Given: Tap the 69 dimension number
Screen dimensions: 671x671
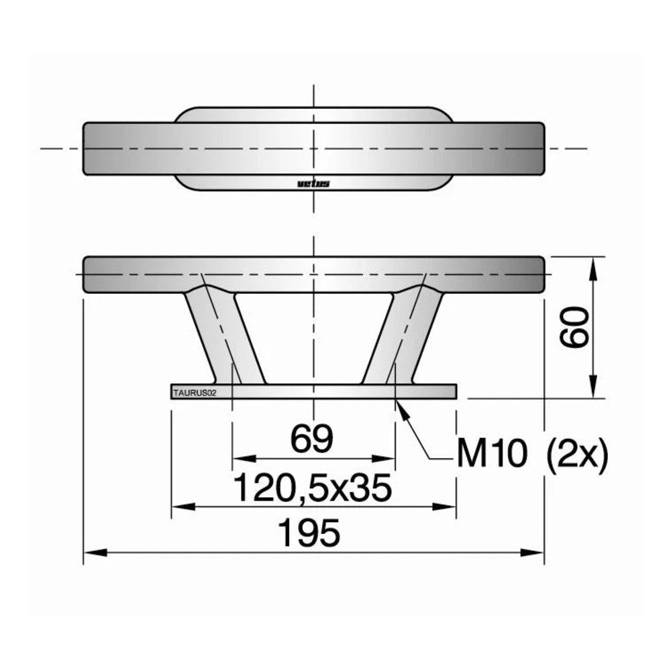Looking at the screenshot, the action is (312, 439).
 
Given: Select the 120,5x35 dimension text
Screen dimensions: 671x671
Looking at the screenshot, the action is (313, 488).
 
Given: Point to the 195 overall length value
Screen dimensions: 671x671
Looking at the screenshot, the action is (309, 533).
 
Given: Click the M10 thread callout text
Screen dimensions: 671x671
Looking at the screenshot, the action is (492, 454).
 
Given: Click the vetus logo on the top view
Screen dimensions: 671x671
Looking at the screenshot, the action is (313, 184).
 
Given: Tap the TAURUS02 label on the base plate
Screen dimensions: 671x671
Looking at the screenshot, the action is (195, 393).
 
